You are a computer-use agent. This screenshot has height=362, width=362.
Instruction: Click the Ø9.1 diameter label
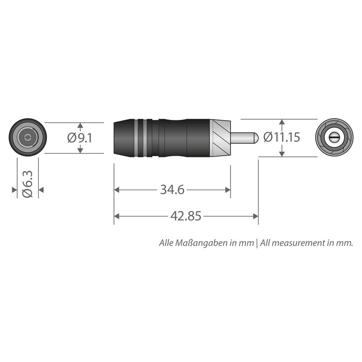[80, 138]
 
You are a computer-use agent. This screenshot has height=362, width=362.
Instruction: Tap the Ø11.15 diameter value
[281, 138]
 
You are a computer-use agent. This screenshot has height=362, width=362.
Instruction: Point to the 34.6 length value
[172, 191]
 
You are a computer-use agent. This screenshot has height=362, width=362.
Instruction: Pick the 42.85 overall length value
[186, 216]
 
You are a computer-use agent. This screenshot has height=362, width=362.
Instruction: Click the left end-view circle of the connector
[28, 138]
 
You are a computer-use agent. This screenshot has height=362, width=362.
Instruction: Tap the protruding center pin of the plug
[245, 137]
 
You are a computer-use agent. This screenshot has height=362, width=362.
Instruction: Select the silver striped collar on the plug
[220, 137]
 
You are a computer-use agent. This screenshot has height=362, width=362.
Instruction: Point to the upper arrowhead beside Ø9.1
[80, 126]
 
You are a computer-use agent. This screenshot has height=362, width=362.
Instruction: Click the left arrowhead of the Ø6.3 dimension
[14, 191]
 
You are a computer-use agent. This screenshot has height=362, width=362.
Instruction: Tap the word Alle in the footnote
[167, 243]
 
